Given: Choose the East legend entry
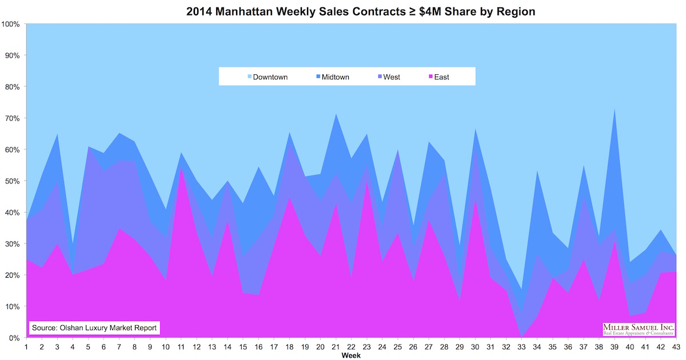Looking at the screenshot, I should [x=437, y=77].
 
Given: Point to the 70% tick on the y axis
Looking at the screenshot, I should [x=12, y=118].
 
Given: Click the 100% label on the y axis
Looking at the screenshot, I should [x=11, y=25].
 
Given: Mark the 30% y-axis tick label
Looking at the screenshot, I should [x=12, y=244].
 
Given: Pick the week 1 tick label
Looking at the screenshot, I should [x=26, y=346].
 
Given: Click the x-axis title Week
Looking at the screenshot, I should [x=351, y=355].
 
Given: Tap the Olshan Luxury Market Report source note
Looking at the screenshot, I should [x=94, y=328].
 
